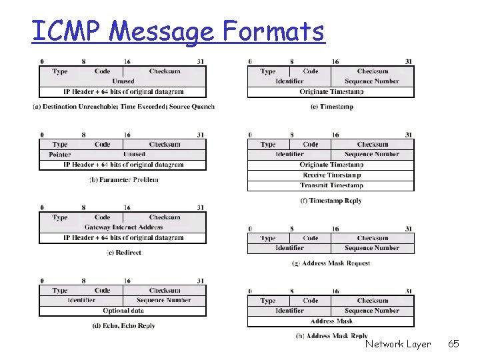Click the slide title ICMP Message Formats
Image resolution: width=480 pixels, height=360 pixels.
coord(178,31)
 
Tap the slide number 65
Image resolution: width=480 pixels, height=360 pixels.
coord(453,344)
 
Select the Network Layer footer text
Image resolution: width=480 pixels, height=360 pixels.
coord(398,344)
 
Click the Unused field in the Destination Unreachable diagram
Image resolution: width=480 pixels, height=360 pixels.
coord(123,81)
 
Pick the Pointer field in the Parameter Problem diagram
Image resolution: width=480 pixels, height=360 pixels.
coord(60,155)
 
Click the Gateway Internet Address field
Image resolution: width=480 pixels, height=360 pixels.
coord(123,227)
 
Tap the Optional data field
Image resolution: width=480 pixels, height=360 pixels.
coord(123,311)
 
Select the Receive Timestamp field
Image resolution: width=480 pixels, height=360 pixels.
coord(331,175)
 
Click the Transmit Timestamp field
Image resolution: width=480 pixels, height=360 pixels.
coord(331,185)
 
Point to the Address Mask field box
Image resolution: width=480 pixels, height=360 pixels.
coord(331,321)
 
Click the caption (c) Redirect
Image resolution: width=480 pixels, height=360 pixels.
coord(124,253)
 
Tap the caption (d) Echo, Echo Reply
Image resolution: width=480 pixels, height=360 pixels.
coord(124,326)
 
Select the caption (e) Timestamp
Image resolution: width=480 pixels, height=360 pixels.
coord(331,107)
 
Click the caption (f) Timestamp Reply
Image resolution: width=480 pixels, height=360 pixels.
coord(331,201)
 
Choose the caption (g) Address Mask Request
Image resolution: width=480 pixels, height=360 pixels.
coord(331,263)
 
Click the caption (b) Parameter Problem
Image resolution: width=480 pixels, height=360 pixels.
coord(124,179)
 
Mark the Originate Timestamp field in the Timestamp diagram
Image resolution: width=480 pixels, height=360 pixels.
coord(331,91)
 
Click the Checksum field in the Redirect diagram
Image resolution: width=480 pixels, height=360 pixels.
coord(165,217)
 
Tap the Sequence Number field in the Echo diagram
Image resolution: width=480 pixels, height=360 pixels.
coord(165,301)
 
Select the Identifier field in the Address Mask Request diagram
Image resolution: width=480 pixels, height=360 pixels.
coord(289,248)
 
